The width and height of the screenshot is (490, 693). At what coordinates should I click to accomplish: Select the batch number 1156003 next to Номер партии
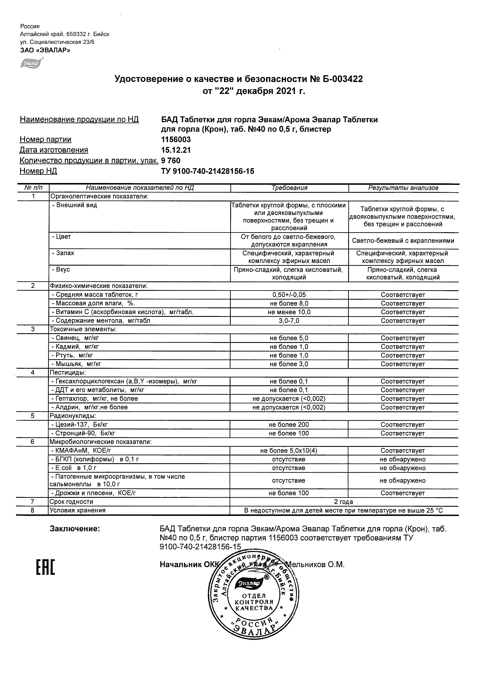pyautogui.click(x=176, y=139)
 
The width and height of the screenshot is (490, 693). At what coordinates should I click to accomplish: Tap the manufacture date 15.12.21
pyautogui.click(x=176, y=150)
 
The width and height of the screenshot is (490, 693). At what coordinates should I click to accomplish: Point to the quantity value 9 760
pyautogui.click(x=171, y=161)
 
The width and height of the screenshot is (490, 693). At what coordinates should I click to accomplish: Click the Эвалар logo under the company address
pyautogui.click(x=31, y=63)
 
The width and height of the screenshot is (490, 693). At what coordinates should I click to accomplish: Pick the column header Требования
pyautogui.click(x=289, y=188)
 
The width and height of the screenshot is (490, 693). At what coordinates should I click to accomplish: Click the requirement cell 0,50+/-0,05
pyautogui.click(x=289, y=295)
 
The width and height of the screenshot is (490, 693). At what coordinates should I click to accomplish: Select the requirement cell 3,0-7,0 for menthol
pyautogui.click(x=289, y=321)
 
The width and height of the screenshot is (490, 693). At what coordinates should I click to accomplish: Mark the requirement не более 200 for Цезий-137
pyautogui.click(x=289, y=425)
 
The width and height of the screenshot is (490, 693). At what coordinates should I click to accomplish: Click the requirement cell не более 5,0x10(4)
pyautogui.click(x=289, y=451)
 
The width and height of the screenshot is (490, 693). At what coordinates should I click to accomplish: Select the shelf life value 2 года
pyautogui.click(x=343, y=502)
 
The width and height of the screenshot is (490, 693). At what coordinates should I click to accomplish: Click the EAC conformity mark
pyautogui.click(x=46, y=567)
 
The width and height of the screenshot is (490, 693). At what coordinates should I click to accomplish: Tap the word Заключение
pyautogui.click(x=75, y=529)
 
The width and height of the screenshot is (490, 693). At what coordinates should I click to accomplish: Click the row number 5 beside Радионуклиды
pyautogui.click(x=33, y=416)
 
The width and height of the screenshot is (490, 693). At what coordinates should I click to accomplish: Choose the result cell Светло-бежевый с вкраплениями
pyautogui.click(x=403, y=241)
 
